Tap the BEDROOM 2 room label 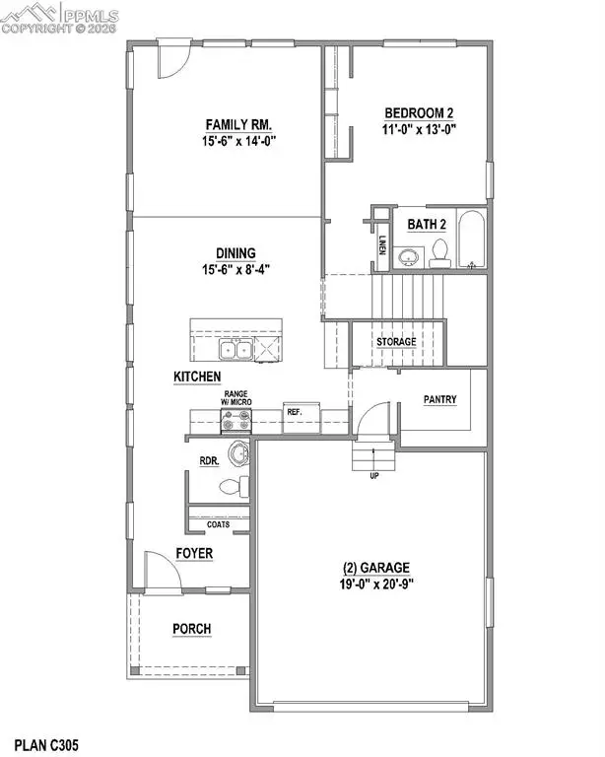(x=418, y=112)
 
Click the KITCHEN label (x=197, y=377)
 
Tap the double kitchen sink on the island (x=235, y=349)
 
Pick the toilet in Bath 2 (x=441, y=253)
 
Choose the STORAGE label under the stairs (x=395, y=342)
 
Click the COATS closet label (x=219, y=524)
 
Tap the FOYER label (x=194, y=554)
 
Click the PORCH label (x=192, y=629)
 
